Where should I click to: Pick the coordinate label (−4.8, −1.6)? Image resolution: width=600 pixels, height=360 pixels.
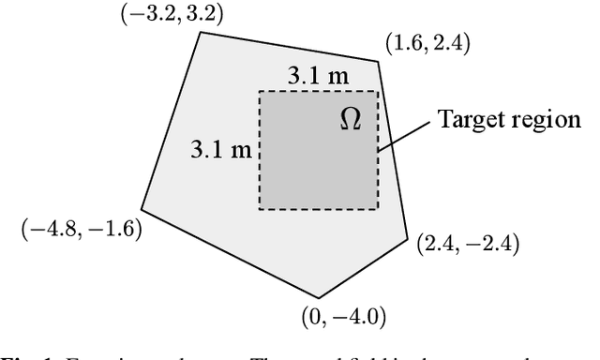pos(81,230)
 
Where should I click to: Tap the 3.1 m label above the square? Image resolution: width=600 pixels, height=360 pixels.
pos(316,78)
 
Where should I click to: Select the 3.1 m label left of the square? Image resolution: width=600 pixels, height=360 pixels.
pos(220,149)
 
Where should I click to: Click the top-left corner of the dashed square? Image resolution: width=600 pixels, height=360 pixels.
pos(260,91)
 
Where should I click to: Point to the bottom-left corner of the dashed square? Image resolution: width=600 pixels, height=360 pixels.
pos(260,209)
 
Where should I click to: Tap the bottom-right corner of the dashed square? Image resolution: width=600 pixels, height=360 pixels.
pos(378,209)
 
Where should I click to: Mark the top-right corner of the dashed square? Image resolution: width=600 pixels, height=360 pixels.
pos(378,91)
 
